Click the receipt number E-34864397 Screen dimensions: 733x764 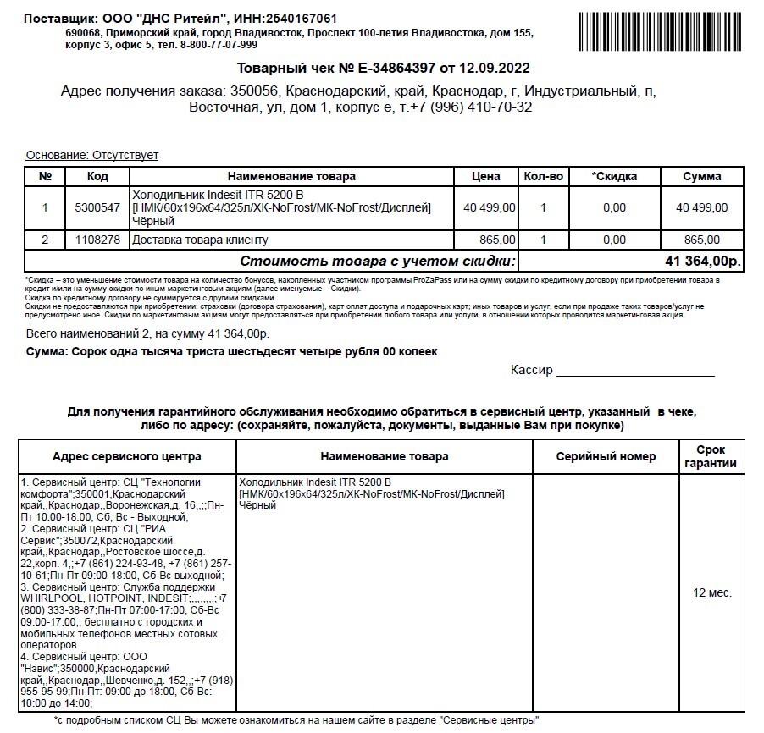398,68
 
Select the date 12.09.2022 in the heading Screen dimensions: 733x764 495,68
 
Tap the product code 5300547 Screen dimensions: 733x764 98,207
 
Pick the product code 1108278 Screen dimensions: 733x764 98,240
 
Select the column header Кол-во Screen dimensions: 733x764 543,176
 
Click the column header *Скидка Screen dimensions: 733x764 614,176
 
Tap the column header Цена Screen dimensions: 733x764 485,176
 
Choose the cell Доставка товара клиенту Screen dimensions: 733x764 200,240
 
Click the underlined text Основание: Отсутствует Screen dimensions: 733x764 92,155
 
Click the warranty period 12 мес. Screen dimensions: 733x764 712,592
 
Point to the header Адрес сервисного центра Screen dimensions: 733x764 127,456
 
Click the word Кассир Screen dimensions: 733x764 531,370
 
